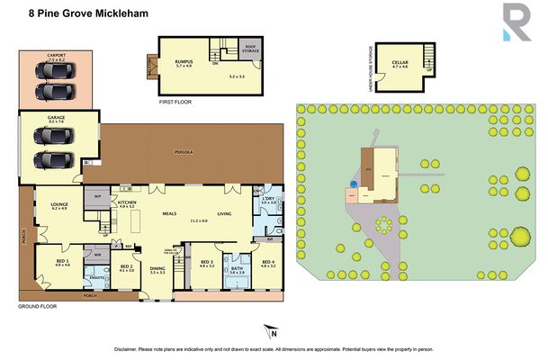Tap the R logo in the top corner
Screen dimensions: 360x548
pyautogui.click(x=516, y=22)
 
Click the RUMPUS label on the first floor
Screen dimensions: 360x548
pyautogui.click(x=185, y=62)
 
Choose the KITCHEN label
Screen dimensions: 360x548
pyautogui.click(x=126, y=203)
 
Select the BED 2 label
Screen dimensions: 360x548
pyautogui.click(x=127, y=267)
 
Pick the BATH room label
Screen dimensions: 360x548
pyautogui.click(x=237, y=269)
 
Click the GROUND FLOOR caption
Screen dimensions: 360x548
pyautogui.click(x=36, y=308)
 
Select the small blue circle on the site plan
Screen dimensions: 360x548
pyautogui.click(x=354, y=183)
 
